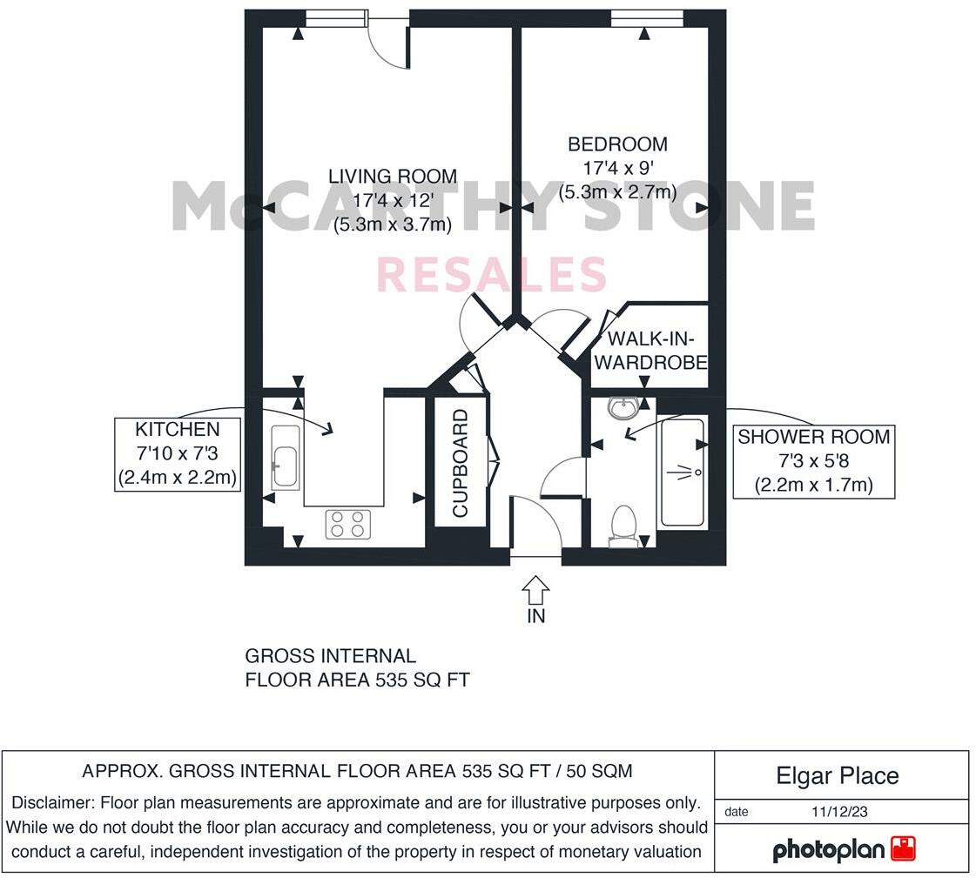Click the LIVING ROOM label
[x=392, y=176]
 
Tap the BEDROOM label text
[x=617, y=144]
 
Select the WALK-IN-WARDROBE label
[x=656, y=350]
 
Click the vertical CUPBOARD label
[x=461, y=463]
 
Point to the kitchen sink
[x=285, y=457]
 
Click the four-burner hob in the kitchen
[x=348, y=524]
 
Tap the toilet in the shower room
[x=623, y=526]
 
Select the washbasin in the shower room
[x=623, y=408]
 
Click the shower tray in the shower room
[x=683, y=473]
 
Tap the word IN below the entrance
[x=536, y=616]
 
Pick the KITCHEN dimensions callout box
[x=178, y=453]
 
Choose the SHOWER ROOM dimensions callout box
[x=813, y=461]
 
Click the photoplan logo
[x=843, y=848]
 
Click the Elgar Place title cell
[x=837, y=775]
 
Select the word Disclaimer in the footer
[x=53, y=802]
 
